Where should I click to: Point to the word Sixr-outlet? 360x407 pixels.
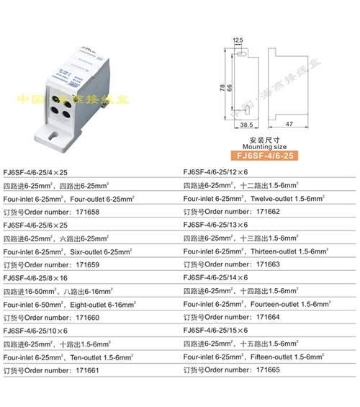click(x=89, y=251)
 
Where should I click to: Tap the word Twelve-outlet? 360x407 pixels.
click(x=271, y=199)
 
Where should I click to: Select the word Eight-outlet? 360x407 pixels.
click(x=89, y=304)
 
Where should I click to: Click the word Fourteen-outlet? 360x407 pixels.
click(x=274, y=304)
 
